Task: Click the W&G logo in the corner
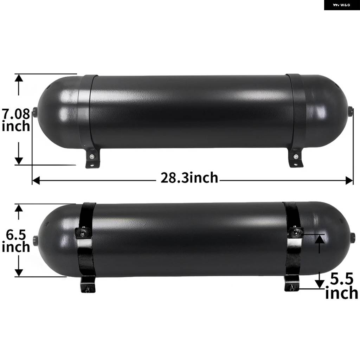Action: tap(342, 5)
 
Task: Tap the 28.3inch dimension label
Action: tap(189, 178)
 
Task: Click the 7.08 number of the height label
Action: tap(16, 114)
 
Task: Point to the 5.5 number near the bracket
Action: tap(342, 279)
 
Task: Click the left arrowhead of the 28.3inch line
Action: tap(36, 180)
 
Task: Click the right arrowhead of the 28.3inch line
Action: tap(349, 180)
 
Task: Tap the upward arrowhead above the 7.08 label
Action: tap(19, 78)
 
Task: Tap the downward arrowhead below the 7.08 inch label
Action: tap(19, 161)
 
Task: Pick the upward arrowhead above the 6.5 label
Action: tap(19, 208)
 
